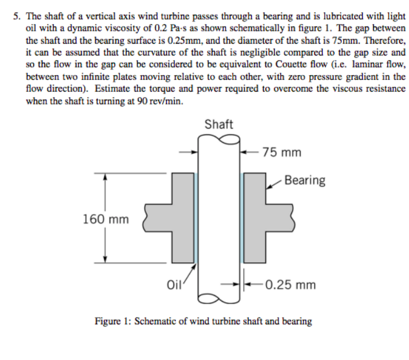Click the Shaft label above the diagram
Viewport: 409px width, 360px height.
pyautogui.click(x=219, y=124)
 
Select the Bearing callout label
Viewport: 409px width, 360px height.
pyautogui.click(x=305, y=180)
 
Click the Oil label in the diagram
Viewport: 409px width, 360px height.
pyautogui.click(x=175, y=285)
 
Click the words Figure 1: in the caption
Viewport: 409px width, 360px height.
pyautogui.click(x=113, y=321)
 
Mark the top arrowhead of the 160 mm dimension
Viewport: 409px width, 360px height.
pyautogui.click(x=105, y=177)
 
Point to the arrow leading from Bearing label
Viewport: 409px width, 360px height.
pyautogui.click(x=275, y=183)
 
